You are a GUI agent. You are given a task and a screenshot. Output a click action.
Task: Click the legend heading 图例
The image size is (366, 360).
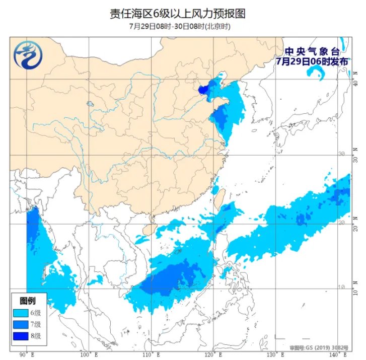click(27, 301)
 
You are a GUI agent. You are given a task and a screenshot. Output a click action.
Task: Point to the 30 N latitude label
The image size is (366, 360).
click(356, 156)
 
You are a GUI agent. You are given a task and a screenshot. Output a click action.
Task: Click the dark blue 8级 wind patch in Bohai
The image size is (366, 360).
click(203, 90)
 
